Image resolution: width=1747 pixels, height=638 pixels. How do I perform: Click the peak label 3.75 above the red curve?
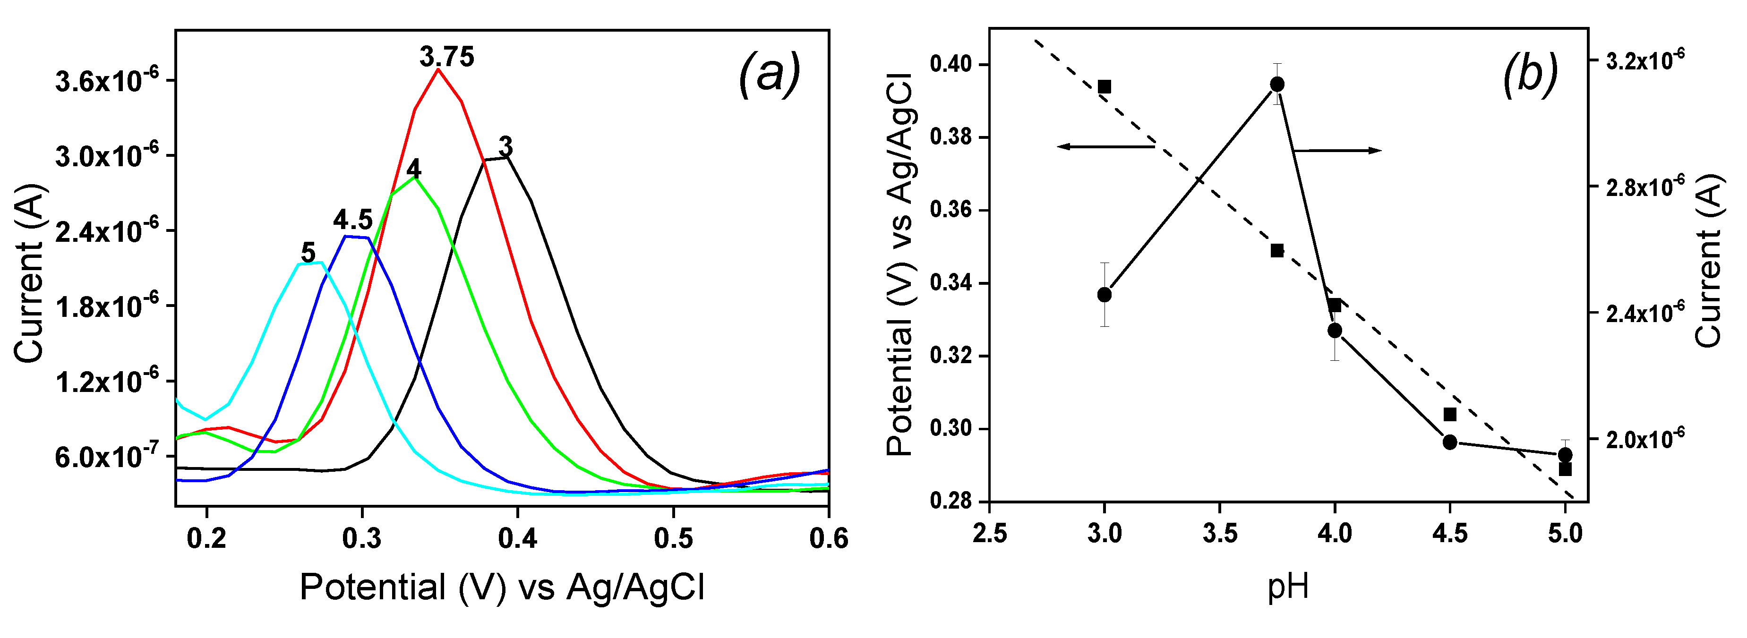click(446, 57)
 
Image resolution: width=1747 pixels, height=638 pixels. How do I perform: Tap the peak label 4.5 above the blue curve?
click(352, 220)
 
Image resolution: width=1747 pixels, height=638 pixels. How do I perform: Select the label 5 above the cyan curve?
click(308, 253)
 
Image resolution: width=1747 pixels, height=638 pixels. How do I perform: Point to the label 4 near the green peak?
click(413, 169)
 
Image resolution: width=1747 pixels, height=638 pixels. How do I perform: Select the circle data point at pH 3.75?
click(1277, 84)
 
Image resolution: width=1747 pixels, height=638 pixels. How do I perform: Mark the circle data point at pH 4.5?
click(1450, 442)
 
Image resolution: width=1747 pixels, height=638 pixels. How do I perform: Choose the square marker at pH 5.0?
click(1565, 469)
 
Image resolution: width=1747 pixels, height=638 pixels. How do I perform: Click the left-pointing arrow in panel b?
click(1105, 146)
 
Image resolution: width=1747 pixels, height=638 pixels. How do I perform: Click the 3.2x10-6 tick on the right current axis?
click(1644, 60)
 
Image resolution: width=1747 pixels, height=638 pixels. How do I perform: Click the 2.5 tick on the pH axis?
click(989, 534)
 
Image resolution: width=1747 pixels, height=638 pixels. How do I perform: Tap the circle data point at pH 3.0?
click(1104, 294)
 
